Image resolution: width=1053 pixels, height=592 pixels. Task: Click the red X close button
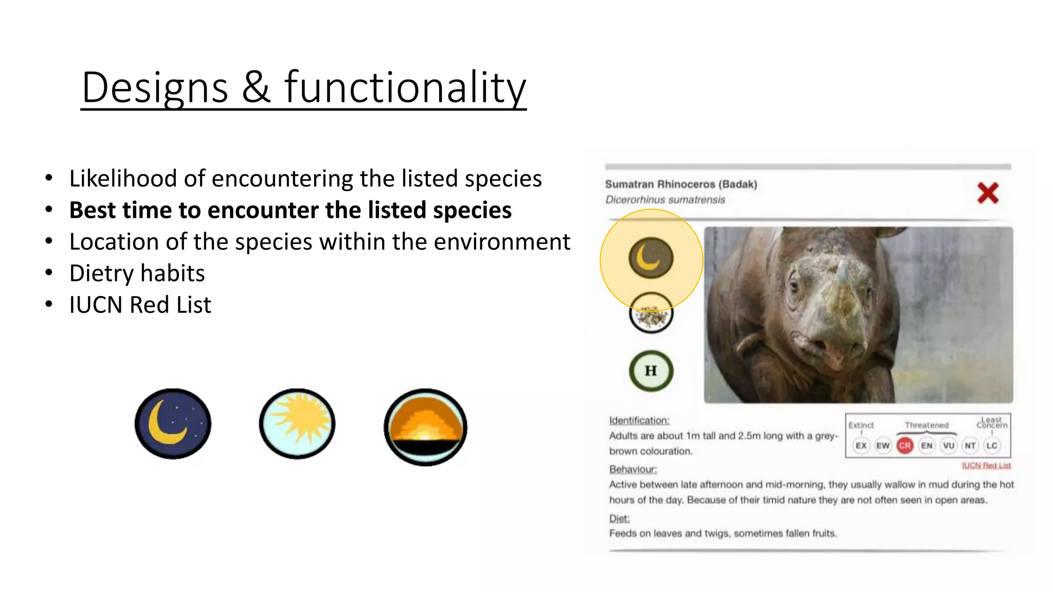(x=988, y=193)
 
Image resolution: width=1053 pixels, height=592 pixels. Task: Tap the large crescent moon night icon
(x=173, y=423)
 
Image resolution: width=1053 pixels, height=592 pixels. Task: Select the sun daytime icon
(x=297, y=423)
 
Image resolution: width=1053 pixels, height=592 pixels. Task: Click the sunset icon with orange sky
(x=425, y=427)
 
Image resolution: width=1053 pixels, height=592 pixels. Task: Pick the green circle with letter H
(x=651, y=371)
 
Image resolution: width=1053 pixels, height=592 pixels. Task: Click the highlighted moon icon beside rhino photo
(x=651, y=258)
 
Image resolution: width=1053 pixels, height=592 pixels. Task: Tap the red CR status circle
(x=905, y=446)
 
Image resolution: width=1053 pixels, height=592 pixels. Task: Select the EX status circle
(x=861, y=446)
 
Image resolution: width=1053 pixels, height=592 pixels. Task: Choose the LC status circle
(x=992, y=446)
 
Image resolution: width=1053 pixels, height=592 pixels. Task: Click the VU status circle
(x=949, y=446)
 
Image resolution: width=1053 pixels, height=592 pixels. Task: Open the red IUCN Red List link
(x=986, y=466)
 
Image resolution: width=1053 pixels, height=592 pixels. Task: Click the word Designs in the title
(x=155, y=87)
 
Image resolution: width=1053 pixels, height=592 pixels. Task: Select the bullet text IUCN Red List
(x=140, y=305)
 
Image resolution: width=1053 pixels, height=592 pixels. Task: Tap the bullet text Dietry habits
(x=137, y=273)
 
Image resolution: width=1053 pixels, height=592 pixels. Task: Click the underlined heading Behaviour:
(x=633, y=469)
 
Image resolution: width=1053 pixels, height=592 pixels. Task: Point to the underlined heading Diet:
(x=619, y=518)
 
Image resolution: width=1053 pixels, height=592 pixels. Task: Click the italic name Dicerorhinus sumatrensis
(x=665, y=200)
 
